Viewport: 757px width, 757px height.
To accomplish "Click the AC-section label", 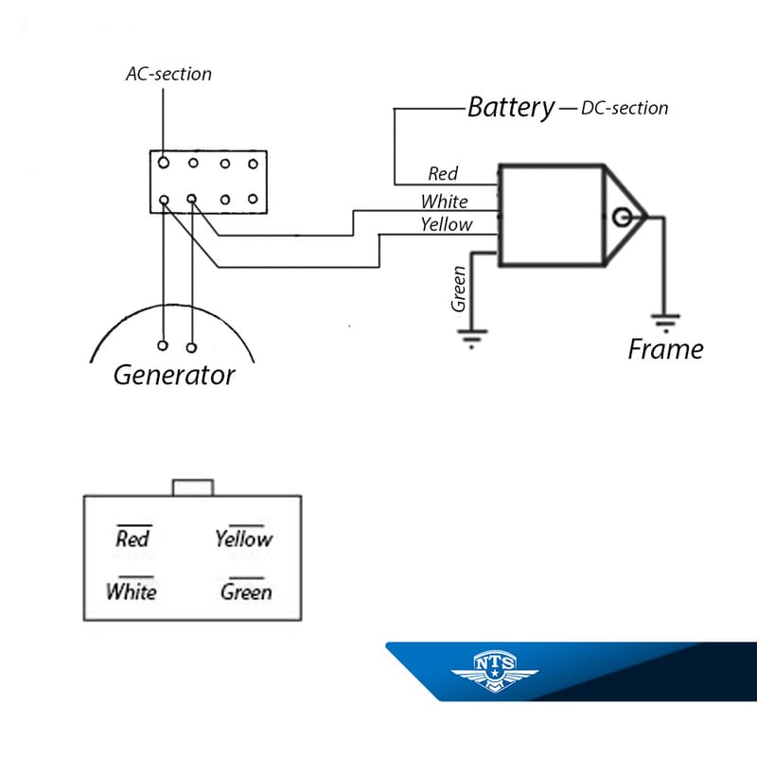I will pyautogui.click(x=168, y=74).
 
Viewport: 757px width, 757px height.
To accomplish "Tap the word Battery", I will pyautogui.click(x=511, y=107).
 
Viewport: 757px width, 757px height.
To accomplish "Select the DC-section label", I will pyautogui.click(x=625, y=108).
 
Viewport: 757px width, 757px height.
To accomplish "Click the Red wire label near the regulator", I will pyautogui.click(x=443, y=173).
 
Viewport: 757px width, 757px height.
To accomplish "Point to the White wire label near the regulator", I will pyautogui.click(x=444, y=201).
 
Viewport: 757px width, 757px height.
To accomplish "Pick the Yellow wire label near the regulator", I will pyautogui.click(x=446, y=224).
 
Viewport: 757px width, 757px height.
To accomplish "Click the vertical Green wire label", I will pyautogui.click(x=459, y=289).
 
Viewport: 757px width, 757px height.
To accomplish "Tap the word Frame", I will pyautogui.click(x=665, y=349).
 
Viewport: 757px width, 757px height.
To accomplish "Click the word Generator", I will pyautogui.click(x=174, y=375).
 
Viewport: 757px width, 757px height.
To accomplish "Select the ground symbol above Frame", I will pyautogui.click(x=666, y=323).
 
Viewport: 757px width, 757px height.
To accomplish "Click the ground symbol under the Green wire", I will pyautogui.click(x=471, y=337).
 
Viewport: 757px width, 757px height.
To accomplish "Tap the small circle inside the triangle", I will pyautogui.click(x=622, y=218).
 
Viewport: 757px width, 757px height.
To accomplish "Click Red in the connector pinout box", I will pyautogui.click(x=132, y=538).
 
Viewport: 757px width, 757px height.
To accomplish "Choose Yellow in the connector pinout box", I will pyautogui.click(x=243, y=538).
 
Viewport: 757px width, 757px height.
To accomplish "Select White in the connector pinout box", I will pyautogui.click(x=132, y=592).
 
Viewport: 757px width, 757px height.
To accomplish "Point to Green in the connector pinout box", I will pyautogui.click(x=246, y=592).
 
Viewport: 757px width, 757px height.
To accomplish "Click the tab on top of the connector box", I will pyautogui.click(x=193, y=487).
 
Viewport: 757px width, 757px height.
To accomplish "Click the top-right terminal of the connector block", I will pyautogui.click(x=253, y=164).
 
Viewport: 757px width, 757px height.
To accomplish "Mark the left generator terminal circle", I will pyautogui.click(x=165, y=346).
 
